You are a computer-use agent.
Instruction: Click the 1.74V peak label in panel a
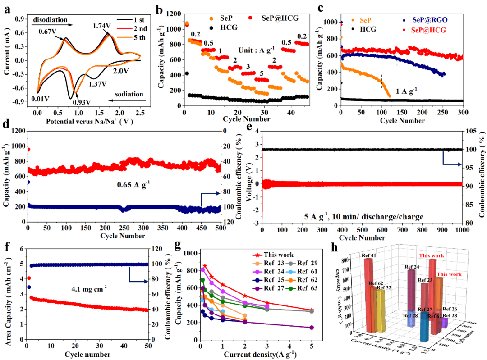tap(101, 27)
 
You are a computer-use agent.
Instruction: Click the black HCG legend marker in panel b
tap(211, 27)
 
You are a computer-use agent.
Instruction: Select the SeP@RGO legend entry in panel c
tap(423, 21)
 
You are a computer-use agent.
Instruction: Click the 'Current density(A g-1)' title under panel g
tap(256, 355)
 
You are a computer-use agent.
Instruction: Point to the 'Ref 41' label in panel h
tap(369, 256)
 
